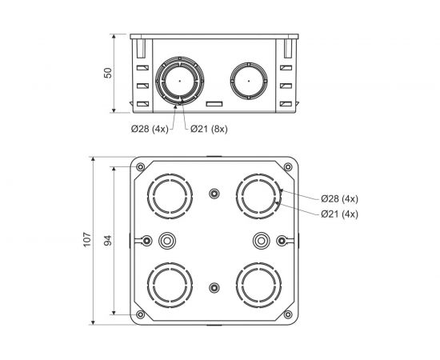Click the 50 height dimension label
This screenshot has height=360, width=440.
108,73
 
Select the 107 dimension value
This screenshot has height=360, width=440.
87,240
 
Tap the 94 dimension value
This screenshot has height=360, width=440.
108,241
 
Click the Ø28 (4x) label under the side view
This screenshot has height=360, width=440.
150,129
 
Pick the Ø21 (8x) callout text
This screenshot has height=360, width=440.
209,129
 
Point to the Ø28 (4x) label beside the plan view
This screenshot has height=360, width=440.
340,199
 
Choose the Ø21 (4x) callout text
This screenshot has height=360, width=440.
340,214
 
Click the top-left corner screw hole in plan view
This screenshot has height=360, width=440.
141,167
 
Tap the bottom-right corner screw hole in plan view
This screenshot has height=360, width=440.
288,314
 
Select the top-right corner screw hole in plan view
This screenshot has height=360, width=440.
288,167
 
